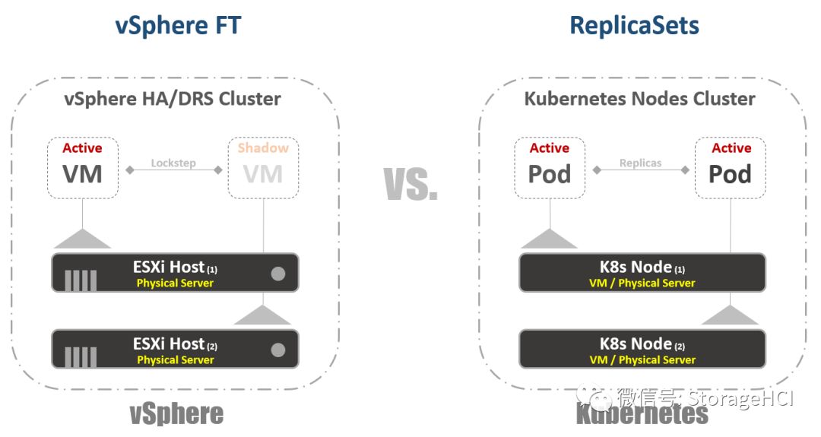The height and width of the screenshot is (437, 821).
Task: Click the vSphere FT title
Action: [178, 25]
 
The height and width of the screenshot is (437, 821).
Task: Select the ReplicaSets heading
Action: [635, 25]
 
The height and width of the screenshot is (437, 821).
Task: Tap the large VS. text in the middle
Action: [411, 183]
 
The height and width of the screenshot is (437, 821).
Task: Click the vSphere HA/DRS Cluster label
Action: [173, 99]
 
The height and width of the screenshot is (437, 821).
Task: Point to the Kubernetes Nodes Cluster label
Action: [640, 99]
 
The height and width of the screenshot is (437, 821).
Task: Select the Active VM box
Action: [82, 167]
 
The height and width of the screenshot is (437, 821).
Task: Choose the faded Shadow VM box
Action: [263, 167]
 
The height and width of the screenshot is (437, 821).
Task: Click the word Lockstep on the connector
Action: [174, 163]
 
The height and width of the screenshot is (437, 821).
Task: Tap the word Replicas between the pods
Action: [640, 163]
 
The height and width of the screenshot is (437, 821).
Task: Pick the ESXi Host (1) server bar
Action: [175, 273]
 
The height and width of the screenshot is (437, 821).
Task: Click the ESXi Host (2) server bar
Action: [175, 349]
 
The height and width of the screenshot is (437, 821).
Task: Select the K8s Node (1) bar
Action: [642, 273]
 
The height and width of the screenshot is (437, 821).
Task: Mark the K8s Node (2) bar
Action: [642, 349]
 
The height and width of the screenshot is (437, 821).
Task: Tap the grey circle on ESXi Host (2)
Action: [278, 350]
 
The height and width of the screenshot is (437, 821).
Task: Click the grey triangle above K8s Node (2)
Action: [730, 315]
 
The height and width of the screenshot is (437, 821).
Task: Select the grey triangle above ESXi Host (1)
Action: [82, 239]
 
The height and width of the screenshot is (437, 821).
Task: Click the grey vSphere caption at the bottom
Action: [176, 414]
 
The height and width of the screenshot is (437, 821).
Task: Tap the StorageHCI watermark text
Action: [740, 397]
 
